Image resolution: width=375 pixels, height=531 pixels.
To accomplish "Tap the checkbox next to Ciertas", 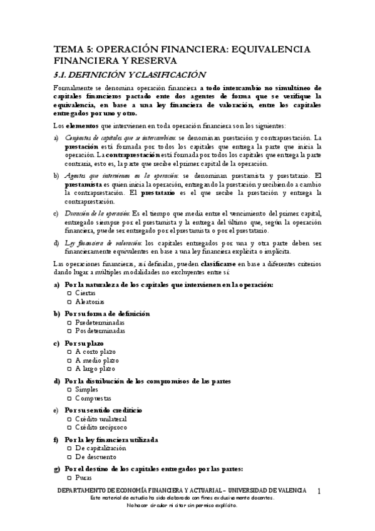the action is tap(69, 293).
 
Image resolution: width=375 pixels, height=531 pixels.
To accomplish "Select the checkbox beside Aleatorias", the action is tap(69, 301).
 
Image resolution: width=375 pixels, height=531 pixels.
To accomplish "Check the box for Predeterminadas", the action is tap(69, 322).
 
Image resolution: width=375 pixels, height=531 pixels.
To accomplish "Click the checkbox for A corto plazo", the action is tap(69, 352).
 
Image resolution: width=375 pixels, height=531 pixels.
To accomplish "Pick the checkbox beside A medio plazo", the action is tap(69, 360).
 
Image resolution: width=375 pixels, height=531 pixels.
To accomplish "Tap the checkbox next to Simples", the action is tap(69, 389).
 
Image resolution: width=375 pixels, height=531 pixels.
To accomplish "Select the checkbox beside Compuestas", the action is tap(69, 398).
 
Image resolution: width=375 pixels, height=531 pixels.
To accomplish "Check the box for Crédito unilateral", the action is tap(69, 419).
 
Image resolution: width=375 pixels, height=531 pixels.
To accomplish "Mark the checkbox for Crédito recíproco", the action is tap(69, 427).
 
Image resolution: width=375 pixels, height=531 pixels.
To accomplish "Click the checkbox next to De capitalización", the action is tap(69, 448).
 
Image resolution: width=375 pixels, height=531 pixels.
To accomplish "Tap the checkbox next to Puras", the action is tap(69, 478).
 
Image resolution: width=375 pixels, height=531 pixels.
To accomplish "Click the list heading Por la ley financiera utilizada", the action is tap(111, 440).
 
